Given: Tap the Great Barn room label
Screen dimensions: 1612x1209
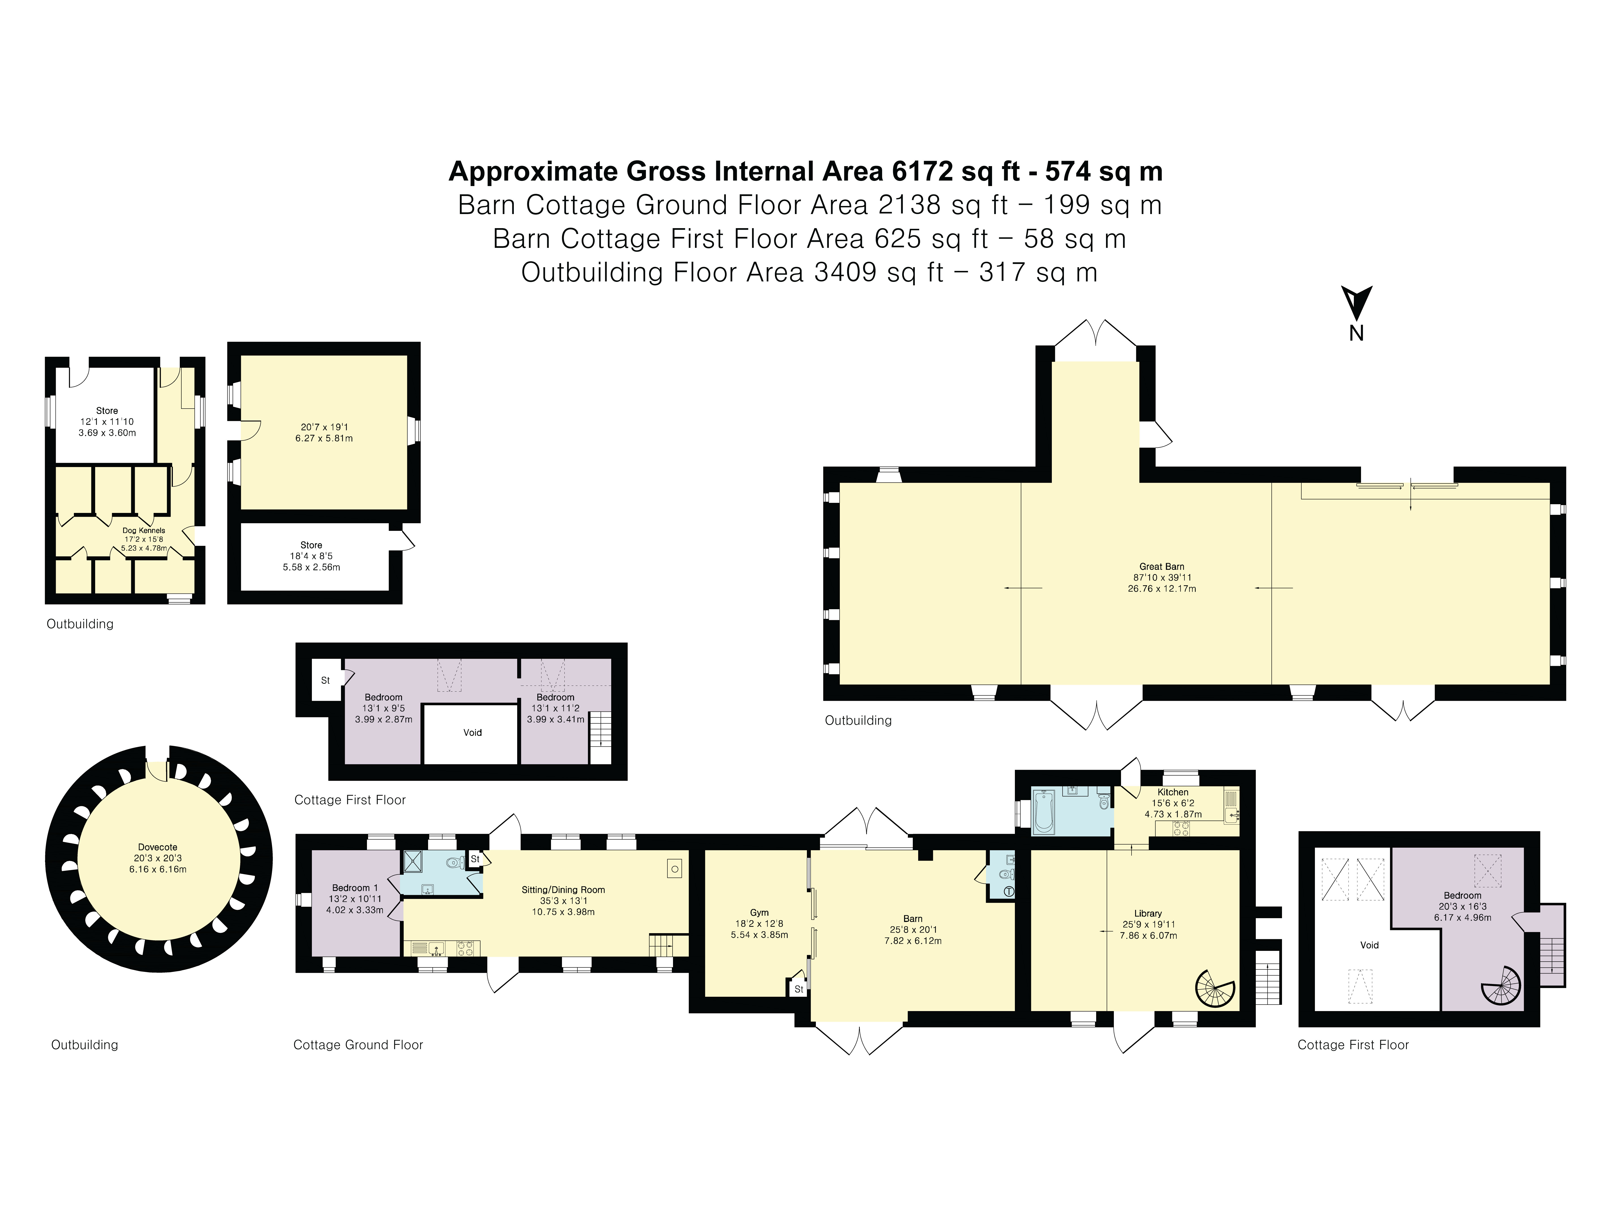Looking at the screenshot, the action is [x=1162, y=566].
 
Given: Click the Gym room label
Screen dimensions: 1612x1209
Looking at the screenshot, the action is [x=759, y=912].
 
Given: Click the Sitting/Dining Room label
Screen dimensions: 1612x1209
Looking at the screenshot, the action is [x=563, y=890].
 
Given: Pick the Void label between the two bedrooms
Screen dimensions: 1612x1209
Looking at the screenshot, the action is [x=472, y=732].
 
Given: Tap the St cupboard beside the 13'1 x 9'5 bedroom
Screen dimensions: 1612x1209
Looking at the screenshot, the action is [x=326, y=680].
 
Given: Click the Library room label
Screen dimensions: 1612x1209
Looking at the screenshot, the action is [x=1148, y=913].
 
